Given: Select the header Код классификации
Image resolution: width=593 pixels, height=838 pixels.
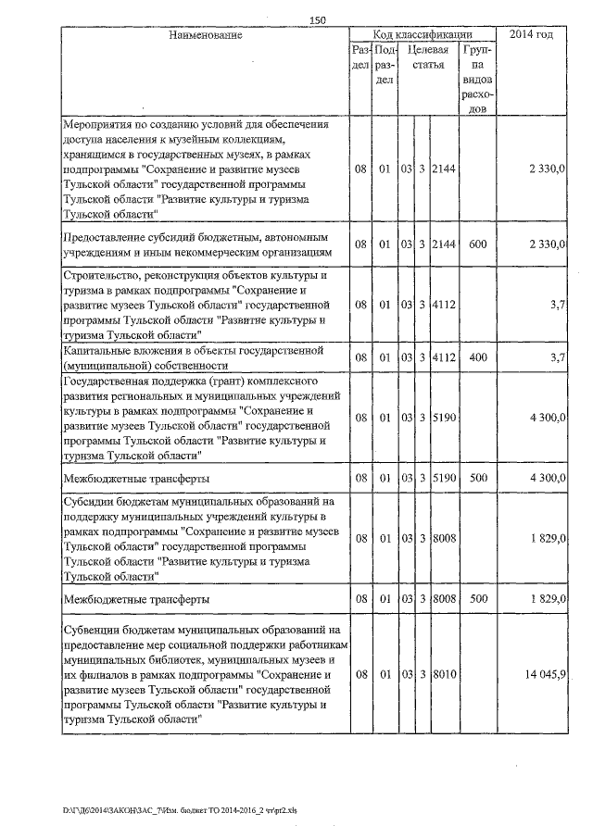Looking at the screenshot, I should tap(425, 35).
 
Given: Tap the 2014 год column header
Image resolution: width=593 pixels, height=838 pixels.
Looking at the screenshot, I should tap(531, 35).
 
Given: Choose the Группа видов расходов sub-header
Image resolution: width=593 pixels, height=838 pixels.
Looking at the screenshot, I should tap(478, 80).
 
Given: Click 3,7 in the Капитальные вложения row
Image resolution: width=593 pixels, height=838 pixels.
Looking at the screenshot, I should tap(556, 356).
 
